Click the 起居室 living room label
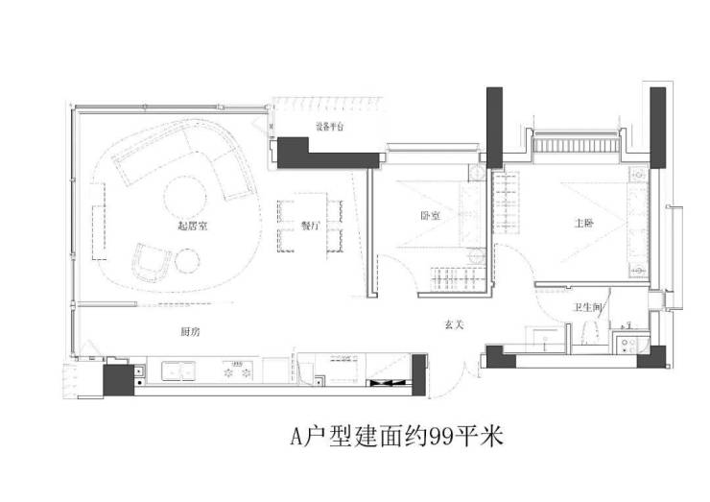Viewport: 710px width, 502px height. coord(194,227)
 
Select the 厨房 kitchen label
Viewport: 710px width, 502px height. coord(190,332)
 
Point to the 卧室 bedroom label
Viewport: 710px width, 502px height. coord(430,216)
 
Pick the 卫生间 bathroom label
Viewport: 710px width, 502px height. coord(587,307)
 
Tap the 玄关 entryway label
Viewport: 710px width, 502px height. coord(454,324)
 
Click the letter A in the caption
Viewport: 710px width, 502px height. coord(297,438)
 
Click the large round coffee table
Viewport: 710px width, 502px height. coord(188,197)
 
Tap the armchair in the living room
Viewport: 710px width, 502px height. coord(152,258)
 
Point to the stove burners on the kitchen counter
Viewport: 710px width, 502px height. coord(236,369)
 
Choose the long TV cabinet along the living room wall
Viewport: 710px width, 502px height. coord(97,229)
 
